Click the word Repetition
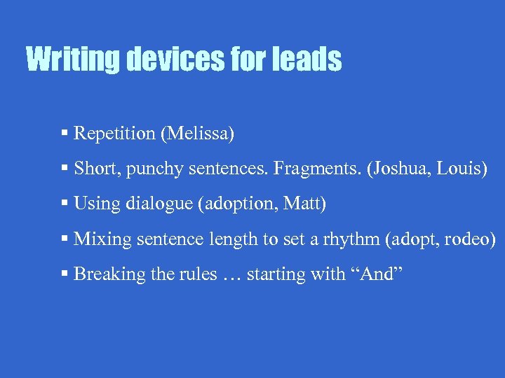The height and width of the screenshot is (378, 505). (x=114, y=133)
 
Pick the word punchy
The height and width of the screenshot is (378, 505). (x=154, y=169)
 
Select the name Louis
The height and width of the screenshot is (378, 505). (x=460, y=169)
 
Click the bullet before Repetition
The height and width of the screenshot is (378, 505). (x=65, y=132)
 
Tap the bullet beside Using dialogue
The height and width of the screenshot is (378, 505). (x=65, y=203)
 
